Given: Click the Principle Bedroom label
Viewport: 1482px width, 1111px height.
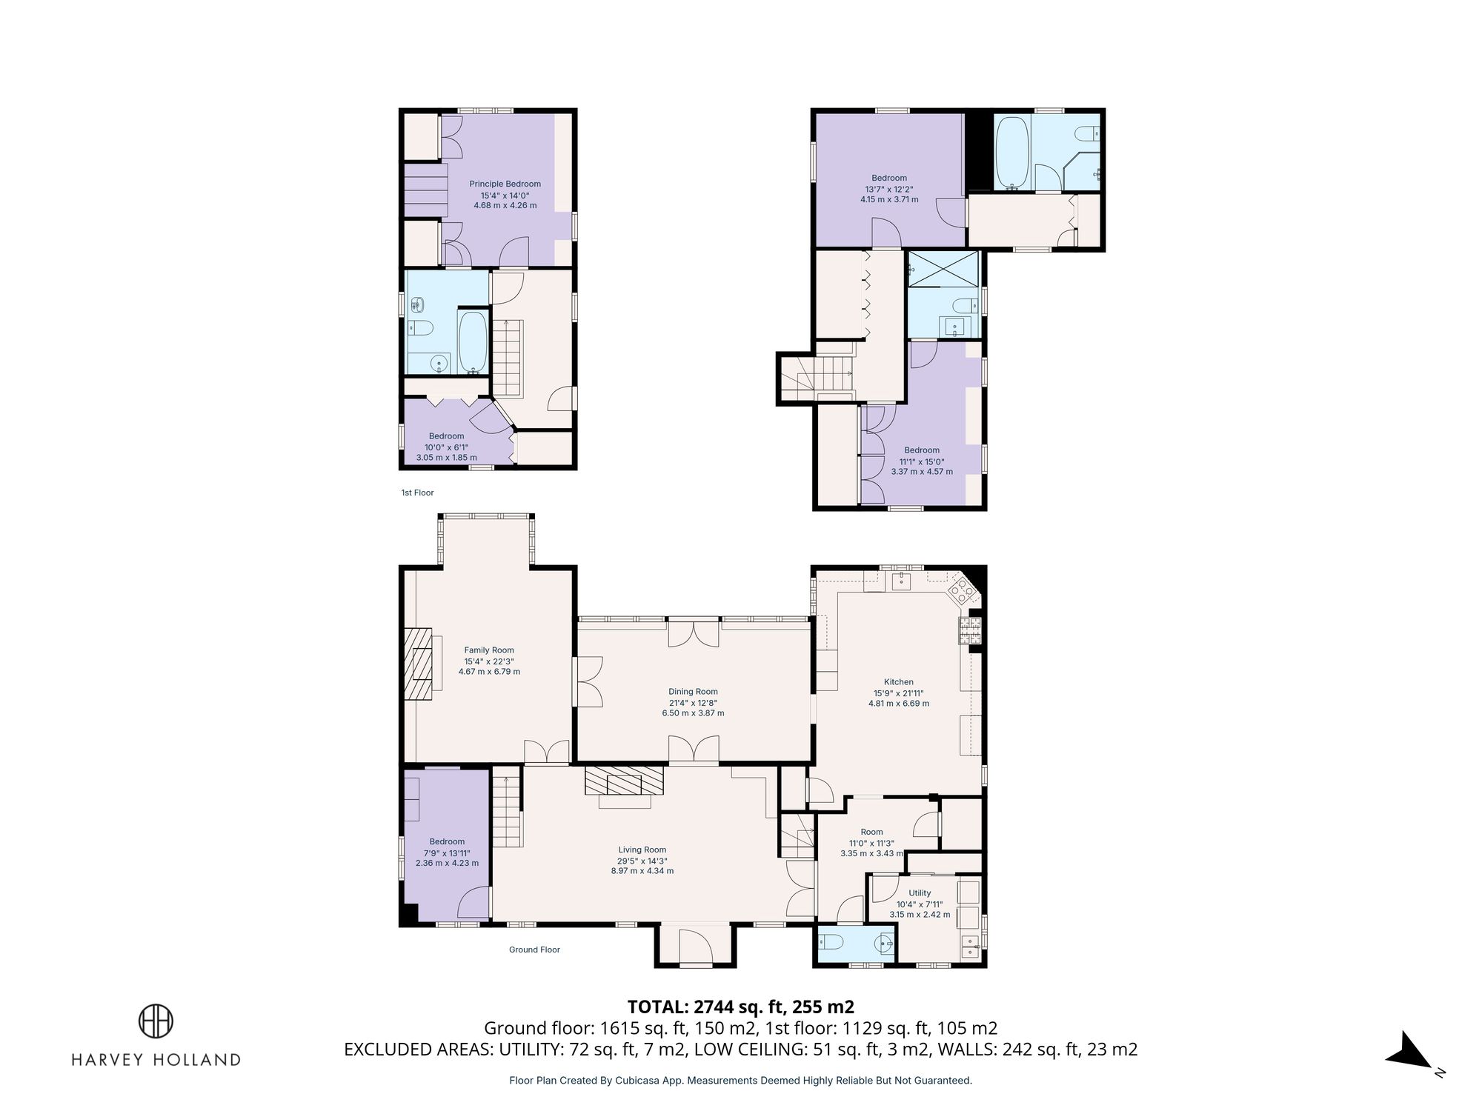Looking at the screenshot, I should [x=505, y=184].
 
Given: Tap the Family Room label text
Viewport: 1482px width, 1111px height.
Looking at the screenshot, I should [x=489, y=650].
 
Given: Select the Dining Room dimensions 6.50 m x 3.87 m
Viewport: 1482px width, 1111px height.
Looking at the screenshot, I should [x=693, y=713].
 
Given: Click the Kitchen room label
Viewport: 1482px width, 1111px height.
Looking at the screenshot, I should [x=898, y=682].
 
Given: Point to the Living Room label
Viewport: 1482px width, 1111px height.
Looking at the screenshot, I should [x=642, y=850].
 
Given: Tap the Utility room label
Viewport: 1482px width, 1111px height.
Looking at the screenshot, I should [x=920, y=893].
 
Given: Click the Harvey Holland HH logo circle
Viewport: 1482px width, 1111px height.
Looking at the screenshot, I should [x=156, y=1021].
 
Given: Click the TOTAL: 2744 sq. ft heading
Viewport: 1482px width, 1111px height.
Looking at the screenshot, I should [x=740, y=1007].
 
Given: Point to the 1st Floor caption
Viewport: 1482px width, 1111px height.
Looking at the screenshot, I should [x=417, y=493].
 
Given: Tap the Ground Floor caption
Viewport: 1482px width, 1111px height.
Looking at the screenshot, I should [x=534, y=950].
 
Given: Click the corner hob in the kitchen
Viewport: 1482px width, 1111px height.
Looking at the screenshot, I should [x=963, y=590].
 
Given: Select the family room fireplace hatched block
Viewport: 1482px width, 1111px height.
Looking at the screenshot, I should [x=419, y=664].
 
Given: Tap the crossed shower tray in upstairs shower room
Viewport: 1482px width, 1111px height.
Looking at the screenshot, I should [x=943, y=268].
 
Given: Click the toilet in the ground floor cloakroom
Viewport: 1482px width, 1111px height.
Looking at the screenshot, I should [x=831, y=942].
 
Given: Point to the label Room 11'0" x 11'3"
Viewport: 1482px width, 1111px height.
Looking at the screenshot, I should [x=871, y=843].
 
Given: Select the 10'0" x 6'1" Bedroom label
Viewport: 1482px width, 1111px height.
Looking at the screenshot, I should [x=446, y=447].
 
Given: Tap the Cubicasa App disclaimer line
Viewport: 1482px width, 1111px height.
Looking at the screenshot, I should [x=740, y=1081].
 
